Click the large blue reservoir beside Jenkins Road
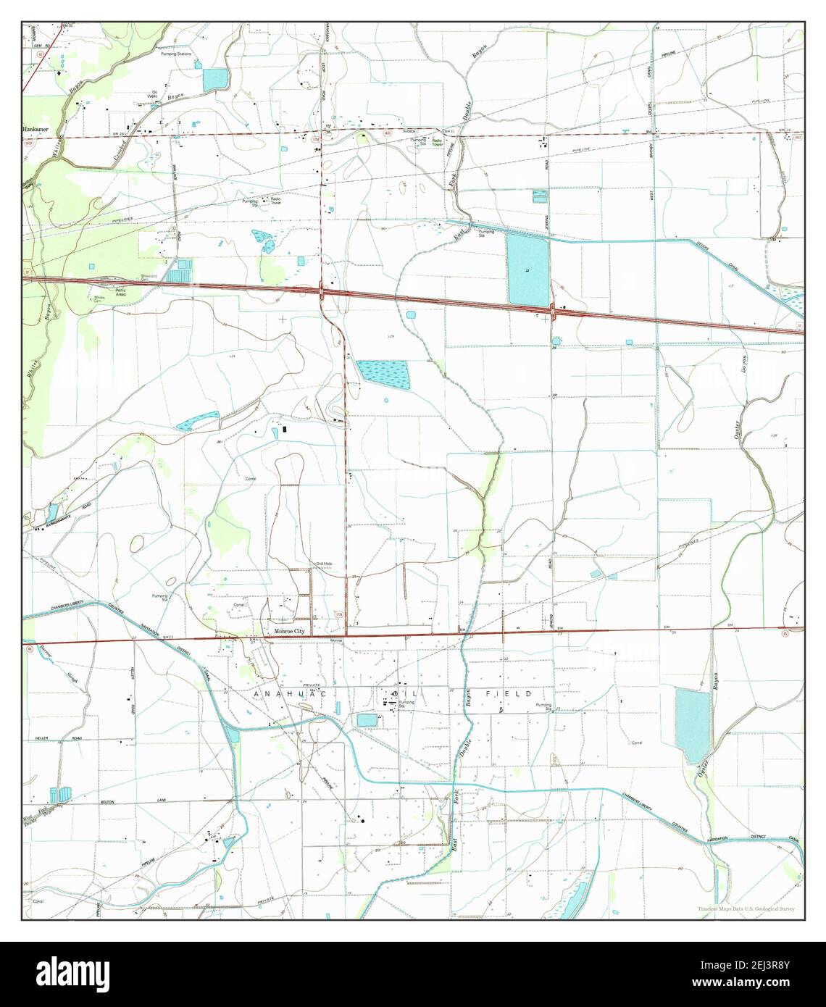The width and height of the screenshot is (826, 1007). click(x=527, y=269)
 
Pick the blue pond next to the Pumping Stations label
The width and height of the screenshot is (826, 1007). click(x=215, y=80)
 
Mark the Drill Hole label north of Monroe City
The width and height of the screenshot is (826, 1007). click(x=324, y=564)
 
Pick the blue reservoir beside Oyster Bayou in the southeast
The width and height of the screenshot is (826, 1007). click(x=693, y=727)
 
